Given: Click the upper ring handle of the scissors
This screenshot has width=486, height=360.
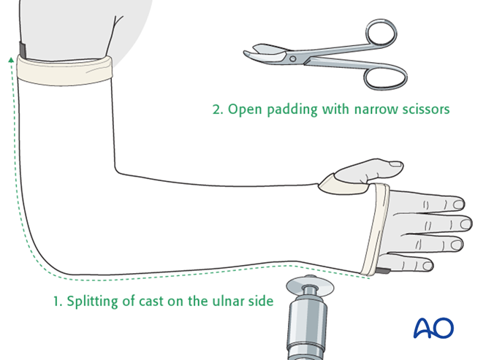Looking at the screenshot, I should click(x=380, y=35).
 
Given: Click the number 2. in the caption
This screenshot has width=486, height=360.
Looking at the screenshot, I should click(x=217, y=110).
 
